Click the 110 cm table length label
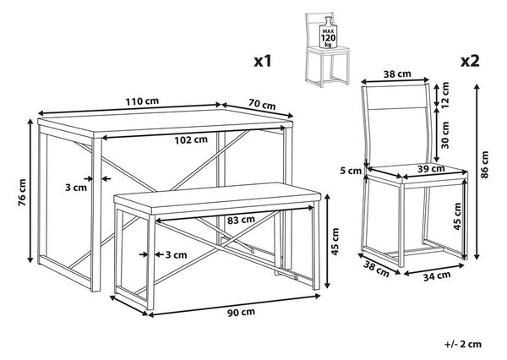click(142, 101)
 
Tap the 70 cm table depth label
click(262, 105)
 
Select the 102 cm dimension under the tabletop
click(191, 140)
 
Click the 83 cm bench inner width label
click(241, 220)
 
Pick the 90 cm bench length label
click(241, 312)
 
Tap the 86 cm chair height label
click(484, 165)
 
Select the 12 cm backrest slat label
click(445, 95)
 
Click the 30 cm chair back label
click(445, 135)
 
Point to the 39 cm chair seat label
click(431, 168)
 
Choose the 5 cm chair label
click(351, 171)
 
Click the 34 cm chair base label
click(437, 275)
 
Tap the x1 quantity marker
click(263, 61)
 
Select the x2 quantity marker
click(470, 61)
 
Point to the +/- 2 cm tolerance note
click(463, 344)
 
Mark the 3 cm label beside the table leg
click(76, 188)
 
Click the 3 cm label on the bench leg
click(177, 255)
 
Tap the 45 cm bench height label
click(335, 242)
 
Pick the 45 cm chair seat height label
click(457, 216)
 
